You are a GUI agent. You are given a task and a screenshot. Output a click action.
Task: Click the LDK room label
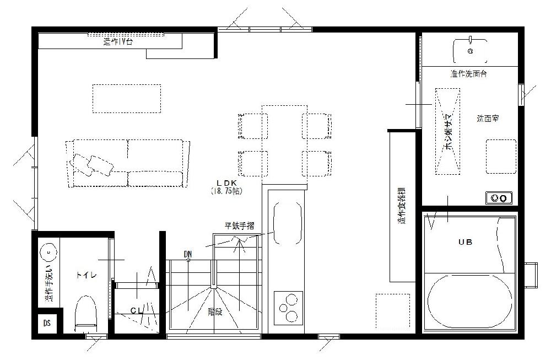226,183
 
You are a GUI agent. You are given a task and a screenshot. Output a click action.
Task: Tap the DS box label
47,324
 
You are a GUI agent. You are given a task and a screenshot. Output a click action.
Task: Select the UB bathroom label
466,242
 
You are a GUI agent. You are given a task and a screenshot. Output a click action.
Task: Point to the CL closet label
137,311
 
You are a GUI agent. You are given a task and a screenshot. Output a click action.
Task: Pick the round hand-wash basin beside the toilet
50,252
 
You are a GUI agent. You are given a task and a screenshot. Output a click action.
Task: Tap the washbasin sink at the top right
470,50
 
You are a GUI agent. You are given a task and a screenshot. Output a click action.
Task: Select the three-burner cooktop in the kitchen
288,307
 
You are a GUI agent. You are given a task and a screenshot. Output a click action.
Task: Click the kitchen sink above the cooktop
288,223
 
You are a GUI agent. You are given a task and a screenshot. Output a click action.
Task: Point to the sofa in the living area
128,164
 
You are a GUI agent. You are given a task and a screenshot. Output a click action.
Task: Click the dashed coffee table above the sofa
127,98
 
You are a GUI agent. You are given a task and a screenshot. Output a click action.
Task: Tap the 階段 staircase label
215,311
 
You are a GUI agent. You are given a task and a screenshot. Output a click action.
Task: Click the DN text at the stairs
188,254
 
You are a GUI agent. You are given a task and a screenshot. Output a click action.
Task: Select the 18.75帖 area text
226,191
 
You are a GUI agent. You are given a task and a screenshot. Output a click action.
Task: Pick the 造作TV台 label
118,41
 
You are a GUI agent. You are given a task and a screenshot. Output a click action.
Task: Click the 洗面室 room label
488,119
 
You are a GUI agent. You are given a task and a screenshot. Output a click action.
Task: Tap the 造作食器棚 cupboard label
402,208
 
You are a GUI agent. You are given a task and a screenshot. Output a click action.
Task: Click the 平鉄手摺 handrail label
239,225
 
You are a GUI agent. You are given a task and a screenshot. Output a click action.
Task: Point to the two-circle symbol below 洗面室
499,197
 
